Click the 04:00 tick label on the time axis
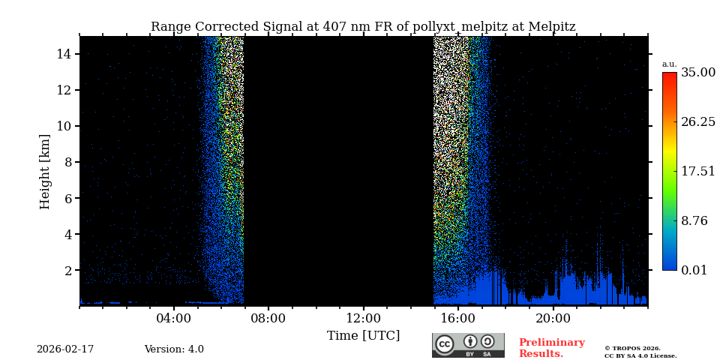174,318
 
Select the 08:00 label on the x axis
268,318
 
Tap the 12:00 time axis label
364,318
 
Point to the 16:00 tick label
458,318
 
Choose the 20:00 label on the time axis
553,318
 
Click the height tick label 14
63,54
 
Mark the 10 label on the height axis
63,126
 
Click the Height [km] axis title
45,171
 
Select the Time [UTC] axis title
364,335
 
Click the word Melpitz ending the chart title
551,27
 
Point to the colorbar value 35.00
698,73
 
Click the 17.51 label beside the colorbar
698,171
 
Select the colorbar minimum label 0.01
694,270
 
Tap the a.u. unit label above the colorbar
669,64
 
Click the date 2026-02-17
65,349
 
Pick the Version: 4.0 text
174,349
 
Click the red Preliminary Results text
551,348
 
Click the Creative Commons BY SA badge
468,345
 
